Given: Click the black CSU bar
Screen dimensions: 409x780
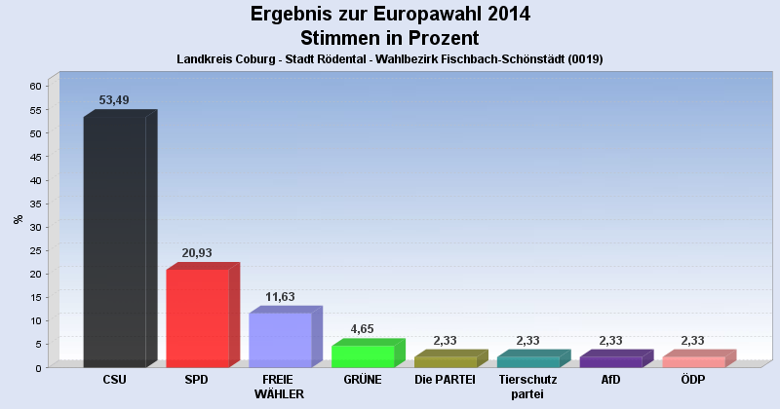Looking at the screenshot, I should [x=114, y=242].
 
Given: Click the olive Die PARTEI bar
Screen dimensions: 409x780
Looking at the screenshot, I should [x=446, y=361].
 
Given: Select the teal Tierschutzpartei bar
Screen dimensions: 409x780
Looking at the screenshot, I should [x=528, y=361].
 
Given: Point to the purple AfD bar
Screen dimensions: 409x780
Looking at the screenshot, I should [x=611, y=361].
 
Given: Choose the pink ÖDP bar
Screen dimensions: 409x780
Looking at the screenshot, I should [x=694, y=361].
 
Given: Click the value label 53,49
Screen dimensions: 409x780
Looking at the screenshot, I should [x=115, y=100].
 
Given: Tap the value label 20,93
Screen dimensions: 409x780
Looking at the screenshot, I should [x=197, y=253].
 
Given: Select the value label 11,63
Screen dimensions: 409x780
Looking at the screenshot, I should [x=280, y=297].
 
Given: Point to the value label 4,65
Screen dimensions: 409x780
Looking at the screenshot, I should [x=363, y=329].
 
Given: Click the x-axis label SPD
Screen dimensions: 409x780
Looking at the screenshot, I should [x=197, y=380].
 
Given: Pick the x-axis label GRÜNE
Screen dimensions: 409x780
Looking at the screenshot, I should [x=363, y=380].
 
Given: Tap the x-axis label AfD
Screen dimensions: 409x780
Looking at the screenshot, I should [x=611, y=380].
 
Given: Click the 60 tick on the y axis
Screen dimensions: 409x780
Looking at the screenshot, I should [x=34, y=86].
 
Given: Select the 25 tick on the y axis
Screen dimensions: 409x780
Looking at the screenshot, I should [x=34, y=250].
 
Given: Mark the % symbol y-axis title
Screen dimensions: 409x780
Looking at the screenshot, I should [x=18, y=219].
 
